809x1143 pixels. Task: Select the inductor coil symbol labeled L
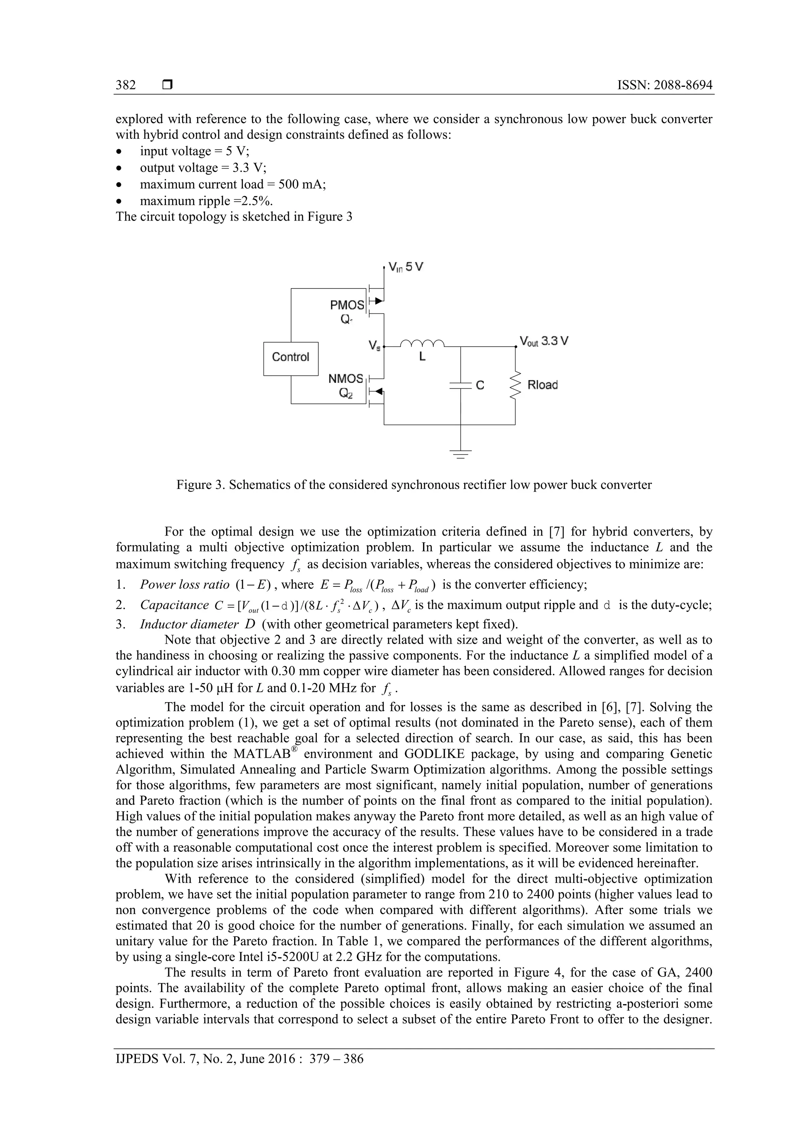point(422,343)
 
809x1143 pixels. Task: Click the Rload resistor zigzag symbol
point(516,385)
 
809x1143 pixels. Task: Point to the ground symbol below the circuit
point(461,453)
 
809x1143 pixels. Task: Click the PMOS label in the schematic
point(347,305)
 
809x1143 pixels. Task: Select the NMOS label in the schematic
point(346,379)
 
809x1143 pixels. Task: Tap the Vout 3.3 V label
point(544,341)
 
